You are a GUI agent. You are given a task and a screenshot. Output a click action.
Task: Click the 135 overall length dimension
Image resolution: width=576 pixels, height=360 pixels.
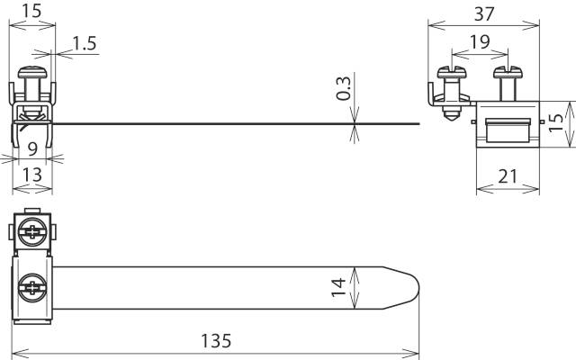[x=217, y=341]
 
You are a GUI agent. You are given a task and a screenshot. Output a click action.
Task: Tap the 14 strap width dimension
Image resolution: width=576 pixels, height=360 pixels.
[x=338, y=287]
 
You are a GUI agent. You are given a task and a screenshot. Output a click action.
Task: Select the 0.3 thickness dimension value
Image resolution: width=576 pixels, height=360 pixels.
[x=343, y=88]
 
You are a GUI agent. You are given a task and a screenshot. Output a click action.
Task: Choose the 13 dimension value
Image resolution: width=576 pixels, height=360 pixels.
[x=32, y=175]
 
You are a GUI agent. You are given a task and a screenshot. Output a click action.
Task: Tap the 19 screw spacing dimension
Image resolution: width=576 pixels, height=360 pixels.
[x=480, y=42]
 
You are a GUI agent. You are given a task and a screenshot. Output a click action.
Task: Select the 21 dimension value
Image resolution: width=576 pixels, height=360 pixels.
[x=508, y=176]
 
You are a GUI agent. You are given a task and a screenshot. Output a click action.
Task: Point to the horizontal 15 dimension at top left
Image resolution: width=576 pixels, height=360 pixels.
[x=32, y=13]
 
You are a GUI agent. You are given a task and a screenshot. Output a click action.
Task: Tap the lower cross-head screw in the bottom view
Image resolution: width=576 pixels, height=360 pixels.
[x=33, y=289]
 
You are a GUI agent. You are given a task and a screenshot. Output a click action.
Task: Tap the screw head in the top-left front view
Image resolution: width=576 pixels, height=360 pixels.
[x=33, y=71]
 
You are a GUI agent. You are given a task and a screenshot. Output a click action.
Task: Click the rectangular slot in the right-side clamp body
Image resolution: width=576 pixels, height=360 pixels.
[x=508, y=129]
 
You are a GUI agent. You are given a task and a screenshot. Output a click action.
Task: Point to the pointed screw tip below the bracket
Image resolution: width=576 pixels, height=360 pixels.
[x=451, y=116]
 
